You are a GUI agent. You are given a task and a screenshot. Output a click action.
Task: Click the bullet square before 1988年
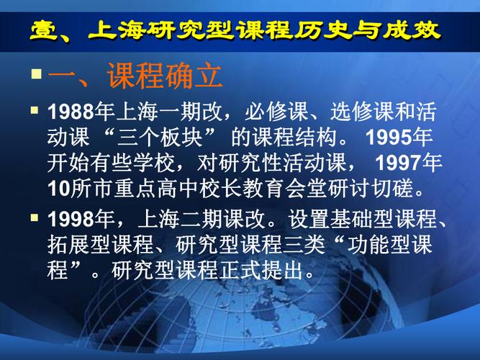35,112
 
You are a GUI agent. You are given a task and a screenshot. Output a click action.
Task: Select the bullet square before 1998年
35,217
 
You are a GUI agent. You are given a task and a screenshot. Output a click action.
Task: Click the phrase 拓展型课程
93,244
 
